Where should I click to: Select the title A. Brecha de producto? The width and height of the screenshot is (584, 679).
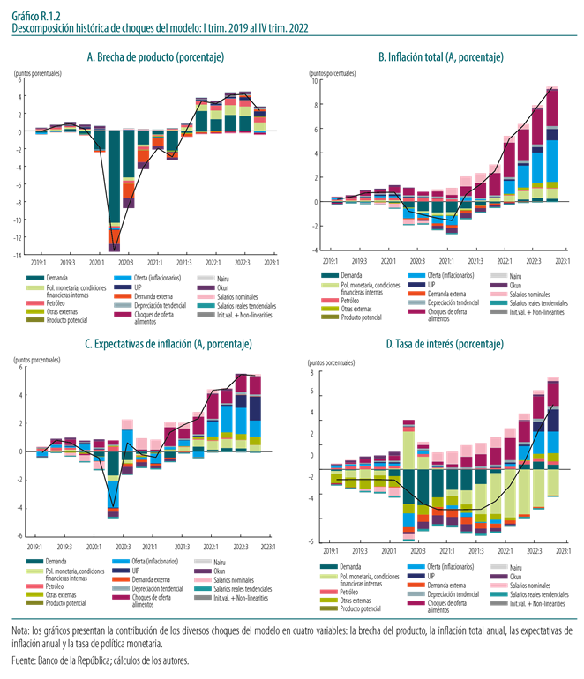click(x=154, y=58)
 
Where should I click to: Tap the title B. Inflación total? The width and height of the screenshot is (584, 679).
click(x=441, y=58)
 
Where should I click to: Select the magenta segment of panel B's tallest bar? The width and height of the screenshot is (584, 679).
click(x=552, y=115)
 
